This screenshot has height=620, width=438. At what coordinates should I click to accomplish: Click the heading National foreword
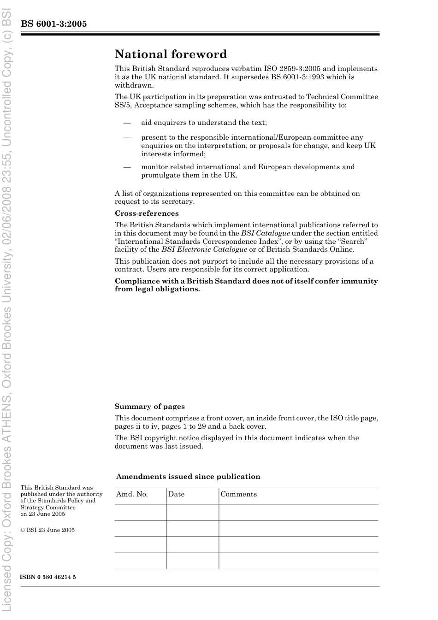pos(171,54)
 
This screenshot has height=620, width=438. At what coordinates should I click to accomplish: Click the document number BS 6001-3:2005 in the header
pos(53,24)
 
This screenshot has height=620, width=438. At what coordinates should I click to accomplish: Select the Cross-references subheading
pos(147,213)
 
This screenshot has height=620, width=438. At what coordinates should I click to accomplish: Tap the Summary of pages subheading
pos(149,407)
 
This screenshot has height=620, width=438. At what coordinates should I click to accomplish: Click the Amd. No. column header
pos(132,494)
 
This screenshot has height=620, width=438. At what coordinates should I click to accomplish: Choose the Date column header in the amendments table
pos(176,494)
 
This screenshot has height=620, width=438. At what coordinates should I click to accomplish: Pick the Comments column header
pos(238,494)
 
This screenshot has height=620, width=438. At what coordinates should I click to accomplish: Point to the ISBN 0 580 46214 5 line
pos(48,577)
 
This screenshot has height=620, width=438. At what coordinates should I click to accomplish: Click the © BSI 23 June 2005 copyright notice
pos(47,530)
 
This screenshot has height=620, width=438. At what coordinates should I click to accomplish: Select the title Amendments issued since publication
pos(188,477)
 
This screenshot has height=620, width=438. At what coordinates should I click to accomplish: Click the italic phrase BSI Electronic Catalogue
pos(204,249)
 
